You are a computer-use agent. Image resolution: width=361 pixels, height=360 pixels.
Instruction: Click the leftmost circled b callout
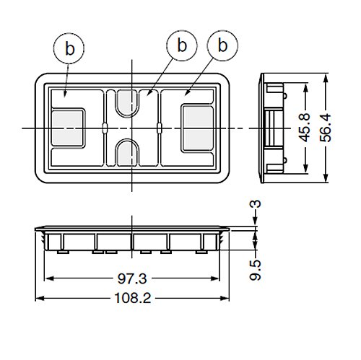tap(69, 48)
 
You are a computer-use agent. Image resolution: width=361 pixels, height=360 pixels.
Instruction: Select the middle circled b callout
tap(182, 45)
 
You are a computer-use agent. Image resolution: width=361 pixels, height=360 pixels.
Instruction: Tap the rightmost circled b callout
tap(222, 45)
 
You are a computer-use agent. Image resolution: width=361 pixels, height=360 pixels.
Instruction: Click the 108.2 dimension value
tap(133, 298)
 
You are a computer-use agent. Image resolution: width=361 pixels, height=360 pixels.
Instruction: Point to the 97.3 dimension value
tap(132, 278)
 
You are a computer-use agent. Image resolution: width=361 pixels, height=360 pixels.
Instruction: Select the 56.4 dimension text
tap(326, 128)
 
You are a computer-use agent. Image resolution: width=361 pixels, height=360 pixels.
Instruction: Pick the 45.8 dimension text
tap(304, 128)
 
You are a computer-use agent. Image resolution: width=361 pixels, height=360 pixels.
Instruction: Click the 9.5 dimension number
tap(255, 270)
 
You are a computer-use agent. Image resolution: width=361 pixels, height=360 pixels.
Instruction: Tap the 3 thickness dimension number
tap(256, 204)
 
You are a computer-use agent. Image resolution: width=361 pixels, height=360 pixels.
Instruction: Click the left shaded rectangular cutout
tap(68, 128)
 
